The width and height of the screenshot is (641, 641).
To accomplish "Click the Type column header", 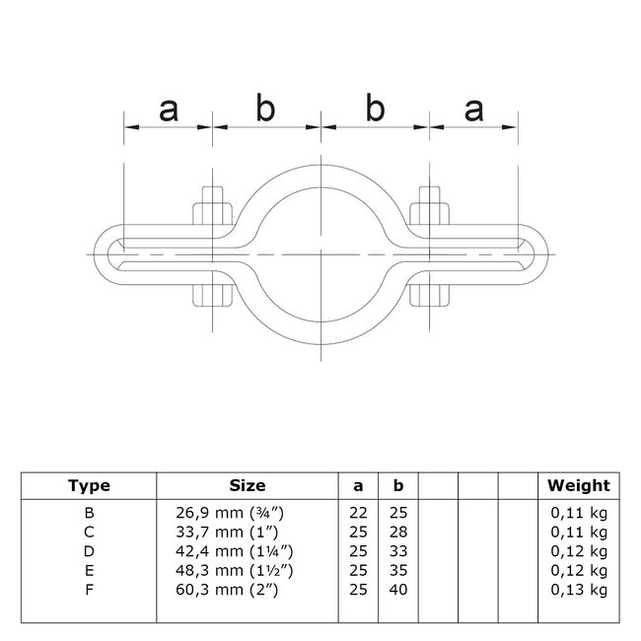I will coord(89,485).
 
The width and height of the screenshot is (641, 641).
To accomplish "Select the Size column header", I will coord(247,485).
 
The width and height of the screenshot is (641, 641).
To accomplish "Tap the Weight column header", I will coord(579,485).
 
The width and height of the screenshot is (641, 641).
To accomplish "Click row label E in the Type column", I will coord(89,570).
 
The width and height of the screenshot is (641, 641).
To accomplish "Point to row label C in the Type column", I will coord(89,532).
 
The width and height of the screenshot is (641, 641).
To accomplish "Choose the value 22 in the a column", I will coord(358,513).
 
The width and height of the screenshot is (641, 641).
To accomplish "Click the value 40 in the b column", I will coord(398,589).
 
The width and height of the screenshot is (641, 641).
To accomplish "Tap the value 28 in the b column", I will coord(398,532).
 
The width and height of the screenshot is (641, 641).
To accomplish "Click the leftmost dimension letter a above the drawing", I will coord(168,110).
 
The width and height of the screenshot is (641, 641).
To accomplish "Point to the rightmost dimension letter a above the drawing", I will coord(473,110).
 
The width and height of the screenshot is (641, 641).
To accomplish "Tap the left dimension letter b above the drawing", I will coord(265,108).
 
